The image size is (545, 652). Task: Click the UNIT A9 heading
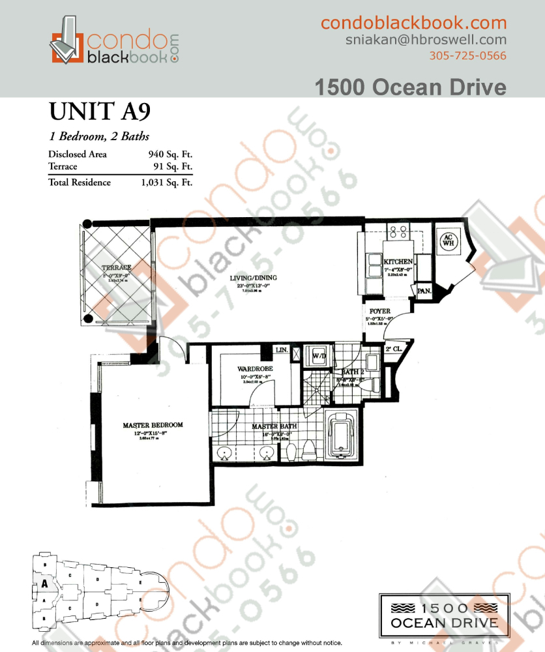tap(100, 111)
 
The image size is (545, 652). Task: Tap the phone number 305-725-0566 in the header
tap(467, 55)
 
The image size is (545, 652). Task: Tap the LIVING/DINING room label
tap(253, 278)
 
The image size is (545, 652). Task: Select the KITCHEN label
tap(398, 261)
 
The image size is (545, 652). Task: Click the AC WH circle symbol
tap(448, 241)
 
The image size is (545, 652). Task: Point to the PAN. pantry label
tap(424, 291)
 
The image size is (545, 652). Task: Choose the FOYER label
tap(379, 312)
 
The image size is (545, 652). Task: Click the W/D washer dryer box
tap(319, 357)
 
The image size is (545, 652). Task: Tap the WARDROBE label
tap(254, 369)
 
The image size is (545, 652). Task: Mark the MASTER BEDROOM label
tap(153, 425)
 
